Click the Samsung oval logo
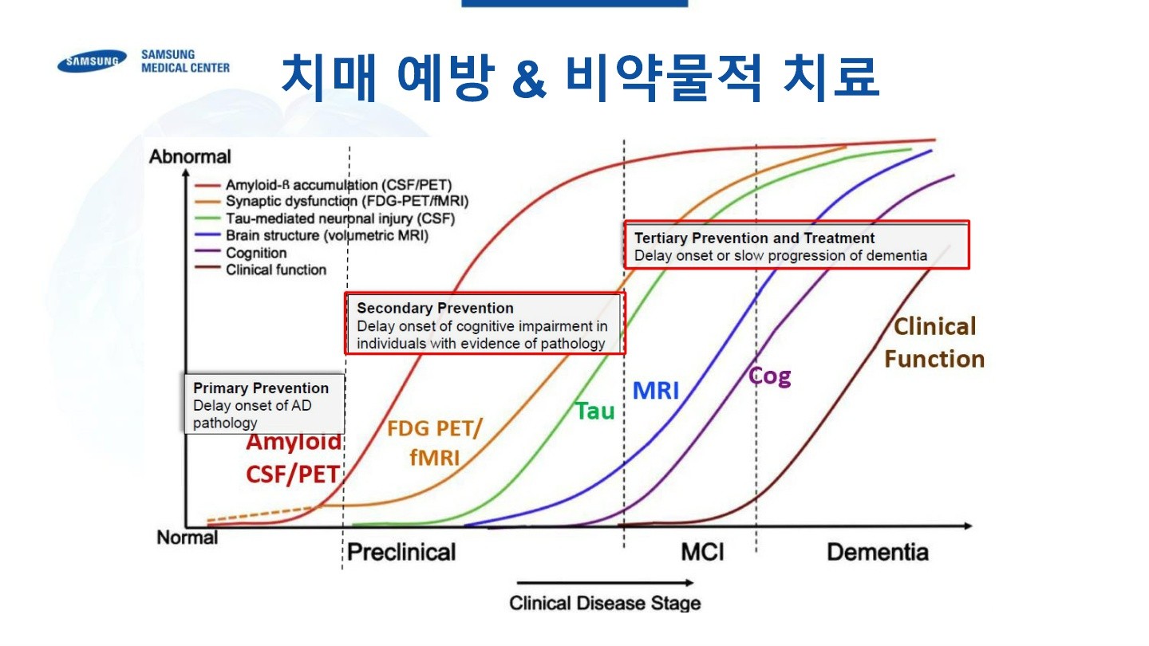pos(92,61)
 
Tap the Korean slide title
pos(580,77)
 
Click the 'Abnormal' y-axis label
pos(190,156)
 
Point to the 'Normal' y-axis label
pos(187,537)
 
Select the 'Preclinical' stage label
pos(402,552)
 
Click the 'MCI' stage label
pos(702,552)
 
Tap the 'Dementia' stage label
pos(878,552)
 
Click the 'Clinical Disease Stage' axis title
pos(605,603)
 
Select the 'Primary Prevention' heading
pos(261,388)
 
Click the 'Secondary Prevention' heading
pos(435,308)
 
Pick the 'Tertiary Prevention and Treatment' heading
pos(754,238)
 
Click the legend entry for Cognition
pos(256,253)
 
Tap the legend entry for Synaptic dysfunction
pos(333,201)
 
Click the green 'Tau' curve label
pos(595,412)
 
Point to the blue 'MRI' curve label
pos(655,391)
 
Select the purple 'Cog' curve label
pos(769,376)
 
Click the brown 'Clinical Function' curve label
pos(934,343)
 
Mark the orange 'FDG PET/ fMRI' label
pos(435,443)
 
